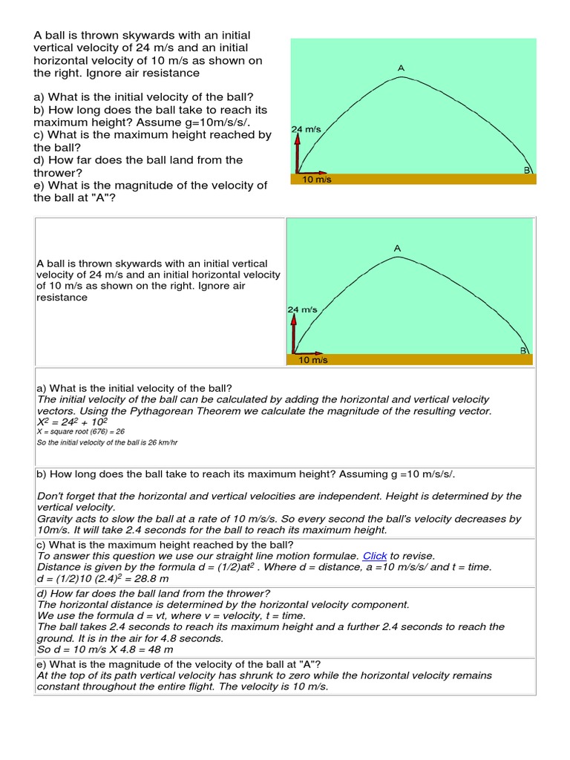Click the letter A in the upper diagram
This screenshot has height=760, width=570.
pyautogui.click(x=401, y=68)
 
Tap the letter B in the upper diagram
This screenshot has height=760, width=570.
pyautogui.click(x=527, y=170)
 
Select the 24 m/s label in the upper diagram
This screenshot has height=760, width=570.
pyautogui.click(x=307, y=129)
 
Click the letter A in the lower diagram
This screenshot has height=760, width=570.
pyautogui.click(x=397, y=248)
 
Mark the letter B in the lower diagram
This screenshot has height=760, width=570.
pyautogui.click(x=523, y=350)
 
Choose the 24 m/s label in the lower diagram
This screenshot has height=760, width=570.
pyautogui.click(x=302, y=309)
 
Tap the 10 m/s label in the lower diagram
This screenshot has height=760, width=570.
pyautogui.click(x=312, y=360)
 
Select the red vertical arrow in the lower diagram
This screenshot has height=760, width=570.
pyautogui.click(x=294, y=334)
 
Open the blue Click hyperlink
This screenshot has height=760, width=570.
pyautogui.click(x=375, y=556)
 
